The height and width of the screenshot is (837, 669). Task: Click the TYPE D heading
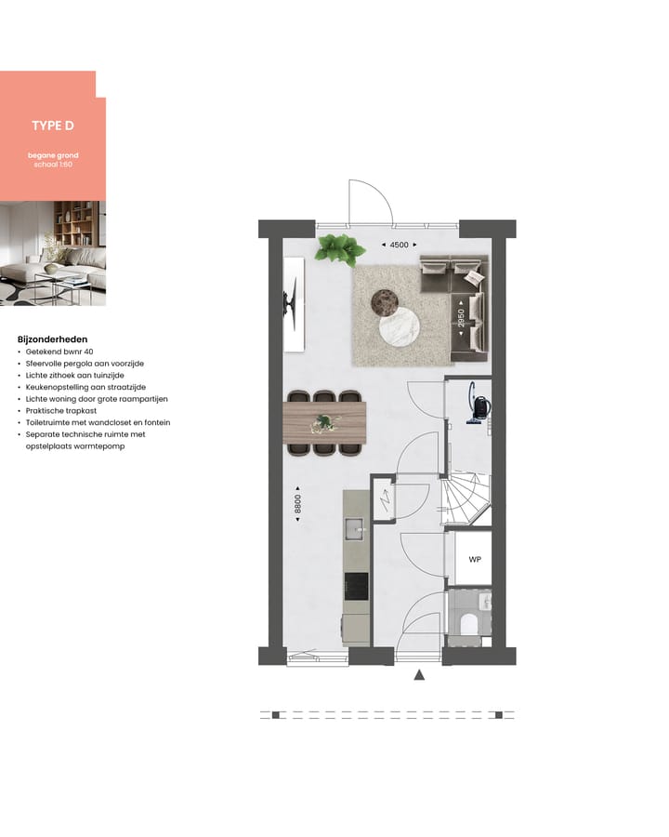click(x=53, y=126)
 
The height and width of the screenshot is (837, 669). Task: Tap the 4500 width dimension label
click(x=397, y=245)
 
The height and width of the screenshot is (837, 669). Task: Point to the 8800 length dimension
click(x=297, y=508)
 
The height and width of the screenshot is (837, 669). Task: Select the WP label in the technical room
click(x=474, y=560)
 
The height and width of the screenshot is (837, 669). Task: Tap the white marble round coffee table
click(x=399, y=326)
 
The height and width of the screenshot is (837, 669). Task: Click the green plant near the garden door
click(x=338, y=248)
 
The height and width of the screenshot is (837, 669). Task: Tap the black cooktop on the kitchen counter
click(x=355, y=586)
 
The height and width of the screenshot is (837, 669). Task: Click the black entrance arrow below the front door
click(x=419, y=676)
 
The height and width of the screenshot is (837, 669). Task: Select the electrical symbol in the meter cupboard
click(x=385, y=502)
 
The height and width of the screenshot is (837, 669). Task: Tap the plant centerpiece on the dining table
click(x=324, y=423)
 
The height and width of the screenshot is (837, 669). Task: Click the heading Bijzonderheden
click(x=53, y=339)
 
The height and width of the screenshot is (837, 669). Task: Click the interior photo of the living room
click(x=53, y=253)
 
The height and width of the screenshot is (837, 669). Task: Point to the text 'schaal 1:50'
click(x=53, y=164)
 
